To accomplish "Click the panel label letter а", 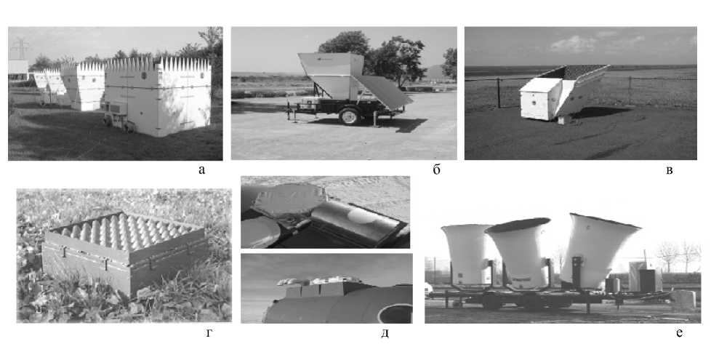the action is (202, 170).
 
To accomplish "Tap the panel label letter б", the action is (436, 169).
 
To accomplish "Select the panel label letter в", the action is (670, 170).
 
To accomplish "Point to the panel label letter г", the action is (209, 334).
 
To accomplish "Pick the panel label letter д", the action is (385, 333).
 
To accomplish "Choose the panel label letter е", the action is (679, 333).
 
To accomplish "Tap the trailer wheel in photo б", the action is (350, 116).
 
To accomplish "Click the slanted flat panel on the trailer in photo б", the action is (382, 92).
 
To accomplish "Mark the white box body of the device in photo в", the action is (537, 100).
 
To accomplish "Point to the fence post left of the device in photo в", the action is (498, 93).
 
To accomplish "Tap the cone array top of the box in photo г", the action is (124, 231).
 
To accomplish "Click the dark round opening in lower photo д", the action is (395, 313).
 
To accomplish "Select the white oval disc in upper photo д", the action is (362, 216).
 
